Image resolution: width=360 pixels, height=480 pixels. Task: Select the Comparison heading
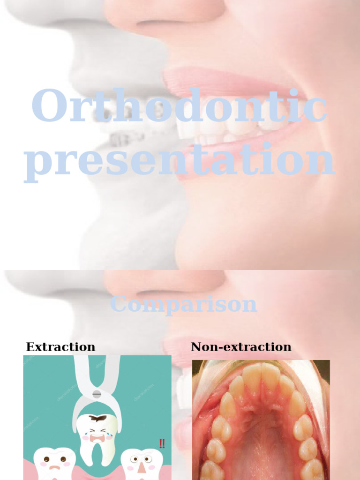(x=183, y=305)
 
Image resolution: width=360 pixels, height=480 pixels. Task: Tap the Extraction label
(x=60, y=347)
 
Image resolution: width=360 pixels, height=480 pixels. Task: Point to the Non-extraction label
(x=241, y=347)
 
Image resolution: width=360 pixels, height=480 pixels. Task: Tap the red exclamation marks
(x=162, y=443)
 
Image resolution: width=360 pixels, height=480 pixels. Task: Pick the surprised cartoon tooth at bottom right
(x=142, y=464)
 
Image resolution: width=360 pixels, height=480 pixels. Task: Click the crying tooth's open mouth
(x=97, y=438)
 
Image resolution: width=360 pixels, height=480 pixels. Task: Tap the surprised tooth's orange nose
(x=142, y=467)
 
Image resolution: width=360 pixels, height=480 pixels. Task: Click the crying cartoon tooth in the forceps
(x=97, y=434)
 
